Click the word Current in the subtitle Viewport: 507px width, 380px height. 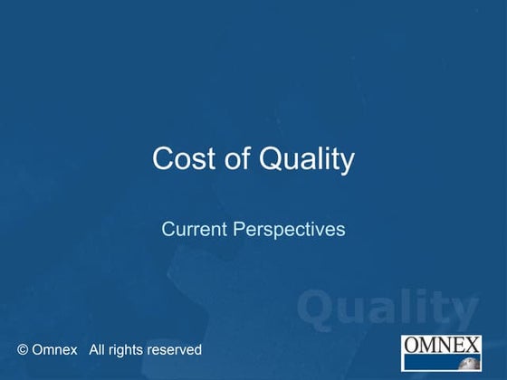195,230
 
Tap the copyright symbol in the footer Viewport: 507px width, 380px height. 23,349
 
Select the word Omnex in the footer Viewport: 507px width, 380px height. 54,349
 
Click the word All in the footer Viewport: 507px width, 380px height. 99,349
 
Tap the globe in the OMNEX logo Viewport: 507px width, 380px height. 471,364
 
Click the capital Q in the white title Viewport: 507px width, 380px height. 273,160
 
